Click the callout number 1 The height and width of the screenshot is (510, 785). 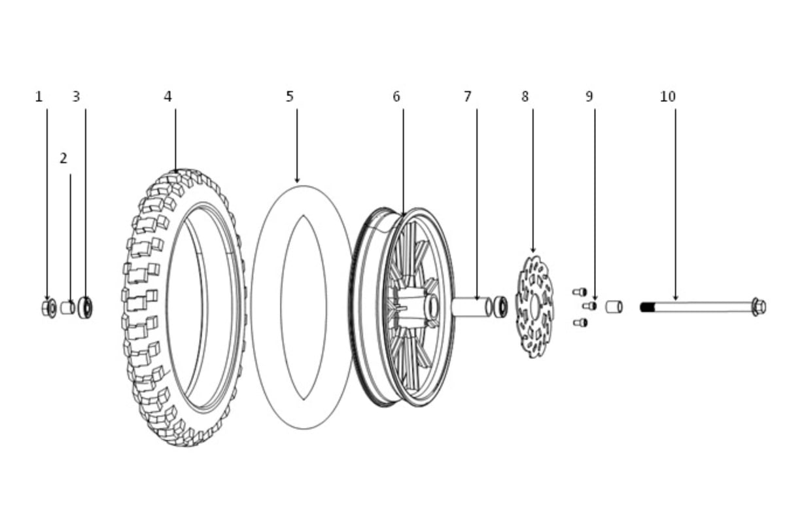(39, 97)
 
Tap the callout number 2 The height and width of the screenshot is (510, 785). (63, 158)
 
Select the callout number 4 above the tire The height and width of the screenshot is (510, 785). (168, 97)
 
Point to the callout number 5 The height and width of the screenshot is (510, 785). (289, 97)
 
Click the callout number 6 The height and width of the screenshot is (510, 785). (396, 97)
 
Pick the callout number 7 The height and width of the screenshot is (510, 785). (468, 97)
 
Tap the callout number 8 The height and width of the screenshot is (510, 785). (525, 97)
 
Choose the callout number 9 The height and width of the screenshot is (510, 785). (589, 97)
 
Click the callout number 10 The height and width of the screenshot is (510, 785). (668, 97)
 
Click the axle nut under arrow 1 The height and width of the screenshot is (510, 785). (49, 308)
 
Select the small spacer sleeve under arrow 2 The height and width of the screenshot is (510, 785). (67, 308)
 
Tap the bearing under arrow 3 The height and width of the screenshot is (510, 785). (85, 307)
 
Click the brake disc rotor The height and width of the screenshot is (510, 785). (534, 307)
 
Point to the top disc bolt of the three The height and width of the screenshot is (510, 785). (580, 292)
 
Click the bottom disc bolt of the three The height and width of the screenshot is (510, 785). (581, 322)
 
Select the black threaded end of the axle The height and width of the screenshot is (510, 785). (648, 307)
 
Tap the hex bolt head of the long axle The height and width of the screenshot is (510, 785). (759, 307)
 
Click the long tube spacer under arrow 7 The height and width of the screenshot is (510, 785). (472, 307)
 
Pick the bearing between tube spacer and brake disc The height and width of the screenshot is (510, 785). (500, 307)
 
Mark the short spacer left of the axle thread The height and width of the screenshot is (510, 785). (614, 307)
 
